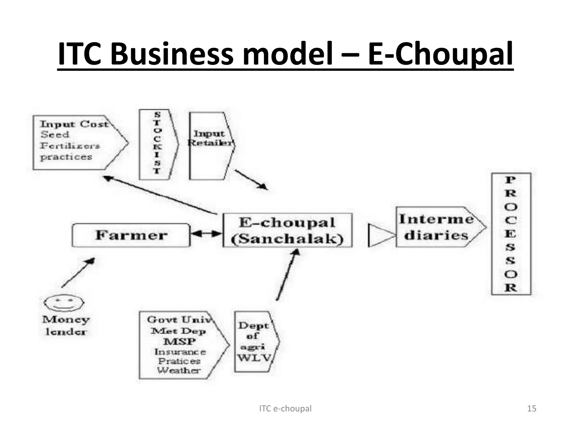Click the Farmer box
(131, 235)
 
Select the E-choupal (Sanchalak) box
(287, 230)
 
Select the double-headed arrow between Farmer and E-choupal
(206, 234)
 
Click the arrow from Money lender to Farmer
(78, 273)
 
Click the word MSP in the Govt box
(180, 341)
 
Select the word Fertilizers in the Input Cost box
(70, 146)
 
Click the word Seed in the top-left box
(55, 135)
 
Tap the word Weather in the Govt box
(179, 370)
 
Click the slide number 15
(532, 408)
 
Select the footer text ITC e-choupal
(285, 408)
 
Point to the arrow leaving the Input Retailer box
(251, 179)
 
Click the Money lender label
(66, 325)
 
